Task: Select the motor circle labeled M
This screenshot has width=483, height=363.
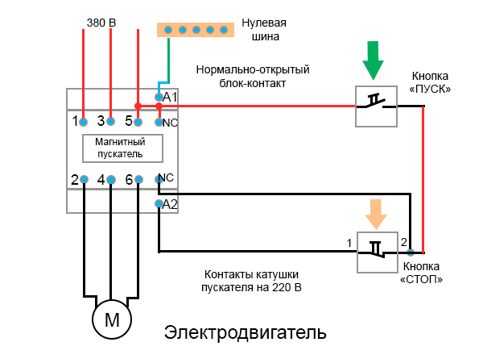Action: (112, 320)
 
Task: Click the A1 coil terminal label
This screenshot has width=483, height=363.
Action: (170, 97)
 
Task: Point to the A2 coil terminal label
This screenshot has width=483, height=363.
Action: (170, 204)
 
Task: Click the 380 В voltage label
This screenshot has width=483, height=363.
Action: (101, 22)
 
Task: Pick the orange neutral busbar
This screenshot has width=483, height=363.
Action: (196, 29)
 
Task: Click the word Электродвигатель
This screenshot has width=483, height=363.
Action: (246, 332)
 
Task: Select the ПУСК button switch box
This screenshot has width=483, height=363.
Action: (377, 106)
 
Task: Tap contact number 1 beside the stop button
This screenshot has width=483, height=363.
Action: (349, 242)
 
